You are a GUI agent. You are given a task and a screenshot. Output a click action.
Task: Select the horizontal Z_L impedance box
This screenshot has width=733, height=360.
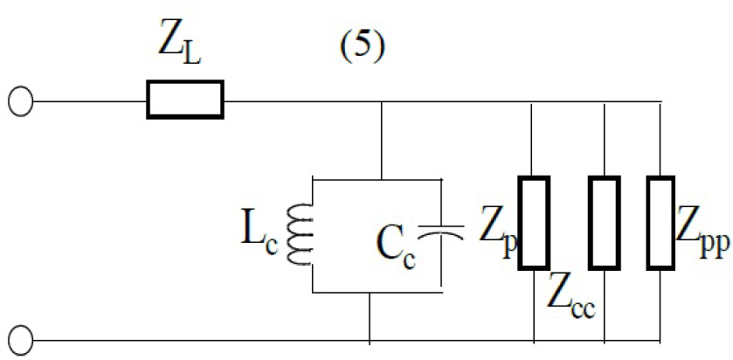(x=184, y=100)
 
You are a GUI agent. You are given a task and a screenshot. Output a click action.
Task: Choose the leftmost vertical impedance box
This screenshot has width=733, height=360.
(x=534, y=224)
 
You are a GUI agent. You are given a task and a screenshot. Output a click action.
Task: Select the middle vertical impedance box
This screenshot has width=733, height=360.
(x=604, y=224)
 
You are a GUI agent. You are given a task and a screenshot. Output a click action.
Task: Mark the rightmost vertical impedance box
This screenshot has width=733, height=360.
(x=661, y=224)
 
